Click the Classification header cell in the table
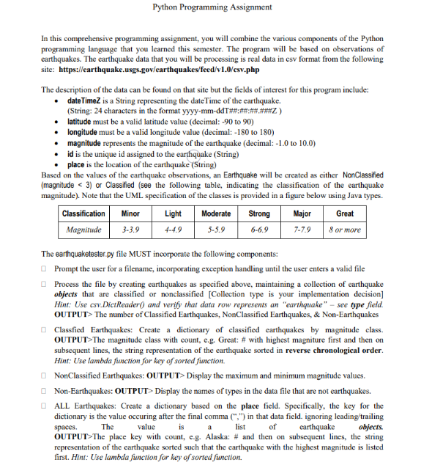tap(83, 213)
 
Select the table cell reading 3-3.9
tap(130, 230)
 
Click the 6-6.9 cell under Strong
tap(258, 230)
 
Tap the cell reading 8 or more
tap(344, 230)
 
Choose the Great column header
tap(344, 213)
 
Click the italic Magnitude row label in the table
tap(83, 230)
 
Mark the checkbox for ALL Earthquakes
tap(45, 406)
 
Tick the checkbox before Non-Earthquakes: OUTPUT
tap(45, 390)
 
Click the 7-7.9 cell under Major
tap(302, 230)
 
